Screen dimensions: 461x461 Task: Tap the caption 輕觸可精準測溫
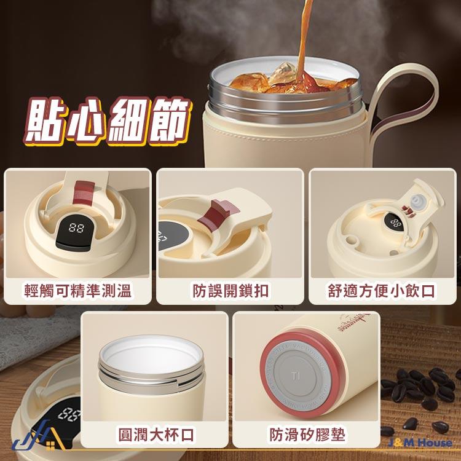[77, 290]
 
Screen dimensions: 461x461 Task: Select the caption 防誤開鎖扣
[230, 290]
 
